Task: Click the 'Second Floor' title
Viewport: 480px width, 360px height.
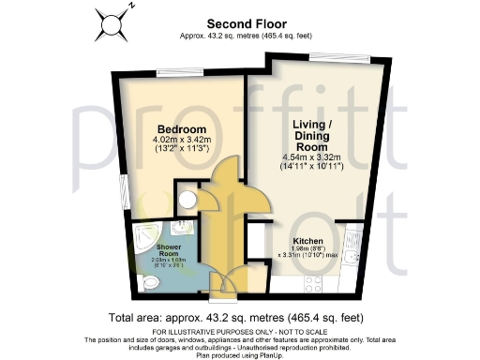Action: click(240, 25)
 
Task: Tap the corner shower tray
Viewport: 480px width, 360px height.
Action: click(187, 233)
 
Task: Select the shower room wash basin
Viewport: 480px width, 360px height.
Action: click(141, 235)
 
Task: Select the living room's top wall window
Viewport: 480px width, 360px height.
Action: click(331, 58)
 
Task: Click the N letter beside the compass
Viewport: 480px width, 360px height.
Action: click(130, 6)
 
